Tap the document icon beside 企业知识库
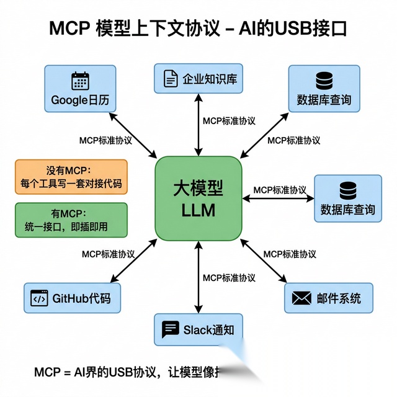(169, 79)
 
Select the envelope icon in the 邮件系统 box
(301, 298)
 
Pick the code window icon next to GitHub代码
(39, 298)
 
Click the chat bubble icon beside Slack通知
(170, 329)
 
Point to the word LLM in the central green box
(198, 211)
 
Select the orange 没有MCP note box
(71, 177)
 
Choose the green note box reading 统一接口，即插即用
(71, 220)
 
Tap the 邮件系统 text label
(338, 298)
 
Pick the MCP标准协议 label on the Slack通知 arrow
(229, 277)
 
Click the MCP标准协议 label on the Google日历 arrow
(106, 140)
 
